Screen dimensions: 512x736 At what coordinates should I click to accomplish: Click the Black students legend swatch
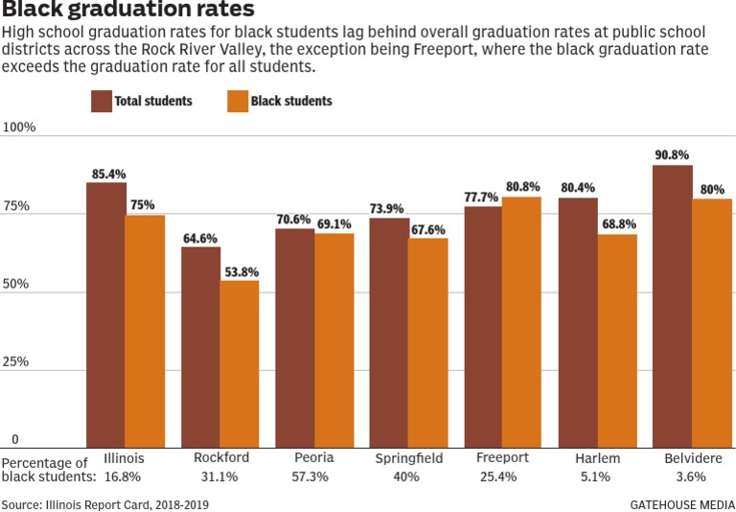point(238,101)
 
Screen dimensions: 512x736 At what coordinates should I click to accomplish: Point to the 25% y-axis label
point(16,362)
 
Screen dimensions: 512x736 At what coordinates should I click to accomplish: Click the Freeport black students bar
point(521,322)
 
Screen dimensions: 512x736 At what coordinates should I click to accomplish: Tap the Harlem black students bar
point(616,341)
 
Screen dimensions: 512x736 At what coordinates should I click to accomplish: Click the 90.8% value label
point(672,155)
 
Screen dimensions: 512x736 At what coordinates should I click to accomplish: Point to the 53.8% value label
point(240,271)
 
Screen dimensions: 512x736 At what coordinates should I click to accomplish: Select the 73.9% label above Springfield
point(389,208)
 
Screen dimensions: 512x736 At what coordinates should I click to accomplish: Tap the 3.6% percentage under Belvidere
point(690,477)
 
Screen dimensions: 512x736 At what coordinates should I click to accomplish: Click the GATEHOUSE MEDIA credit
point(681,504)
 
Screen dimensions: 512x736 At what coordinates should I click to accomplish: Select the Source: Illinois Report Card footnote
point(104,504)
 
